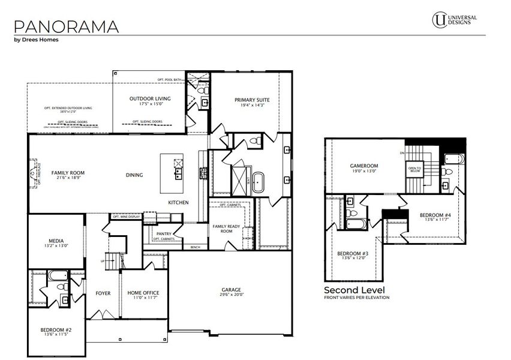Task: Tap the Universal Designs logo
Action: coord(455,19)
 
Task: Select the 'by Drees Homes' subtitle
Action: coord(36,40)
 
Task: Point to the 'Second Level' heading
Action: coord(354,290)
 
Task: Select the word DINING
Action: coord(134,175)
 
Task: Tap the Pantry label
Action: coord(164,234)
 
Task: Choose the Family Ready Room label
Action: coord(226,228)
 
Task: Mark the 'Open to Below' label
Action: coord(414,170)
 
